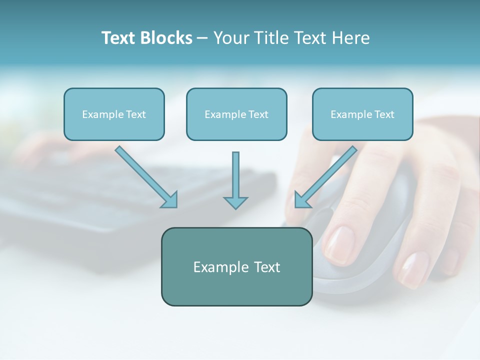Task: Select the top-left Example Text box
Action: (114, 114)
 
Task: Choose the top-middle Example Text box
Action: (236, 114)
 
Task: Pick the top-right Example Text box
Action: (362, 114)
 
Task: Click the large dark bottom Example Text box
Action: (236, 266)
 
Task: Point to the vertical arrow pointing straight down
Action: (235, 177)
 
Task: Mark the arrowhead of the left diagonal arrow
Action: (170, 200)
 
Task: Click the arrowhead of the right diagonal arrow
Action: (301, 200)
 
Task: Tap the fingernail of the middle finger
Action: (414, 268)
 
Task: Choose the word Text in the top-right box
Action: (384, 114)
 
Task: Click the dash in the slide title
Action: (202, 38)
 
